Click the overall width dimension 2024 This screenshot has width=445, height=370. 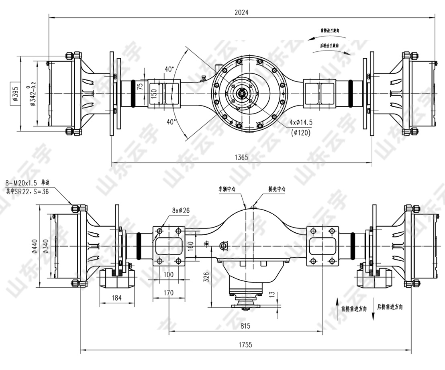tap(242, 12)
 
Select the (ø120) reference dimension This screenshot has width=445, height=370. tap(302, 133)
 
